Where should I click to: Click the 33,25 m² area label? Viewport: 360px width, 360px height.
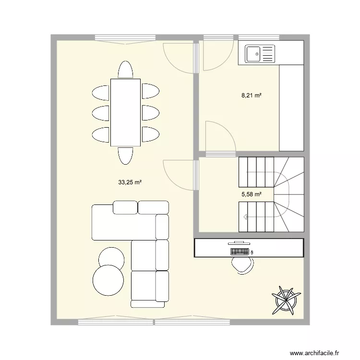130,182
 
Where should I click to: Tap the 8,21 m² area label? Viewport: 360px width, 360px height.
251,96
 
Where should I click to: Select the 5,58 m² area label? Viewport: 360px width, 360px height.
251,194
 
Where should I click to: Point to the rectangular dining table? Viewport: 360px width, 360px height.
125,112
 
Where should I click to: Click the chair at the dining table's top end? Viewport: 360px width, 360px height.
125,70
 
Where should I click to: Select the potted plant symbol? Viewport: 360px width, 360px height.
286,299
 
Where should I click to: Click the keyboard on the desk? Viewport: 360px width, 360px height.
240,251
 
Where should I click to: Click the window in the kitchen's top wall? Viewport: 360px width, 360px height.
259,38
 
